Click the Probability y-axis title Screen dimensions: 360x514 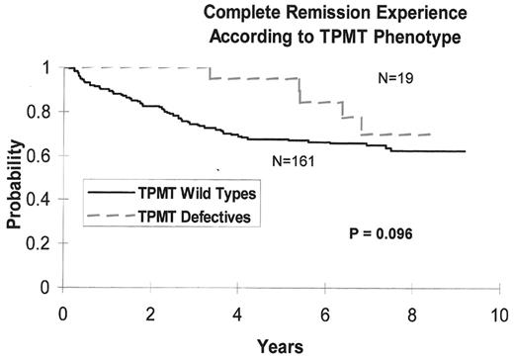pyautogui.click(x=15, y=179)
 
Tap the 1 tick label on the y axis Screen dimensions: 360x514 pyautogui.click(x=50, y=67)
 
